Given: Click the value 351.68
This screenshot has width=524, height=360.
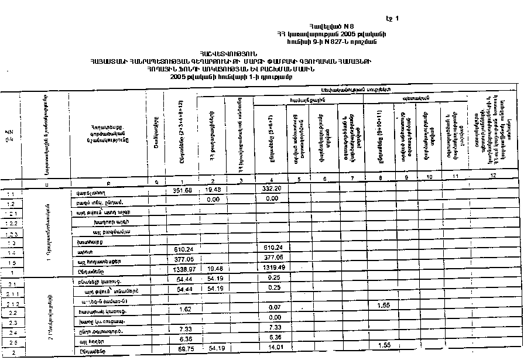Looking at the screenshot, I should [x=183, y=191].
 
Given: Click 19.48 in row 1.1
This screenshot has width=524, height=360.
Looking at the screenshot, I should [x=212, y=190].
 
